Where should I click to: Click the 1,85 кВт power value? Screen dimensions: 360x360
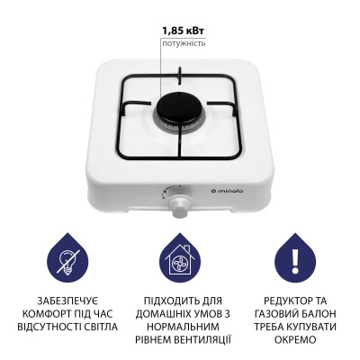click(184, 29)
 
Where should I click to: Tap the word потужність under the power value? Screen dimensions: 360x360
click(184, 42)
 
